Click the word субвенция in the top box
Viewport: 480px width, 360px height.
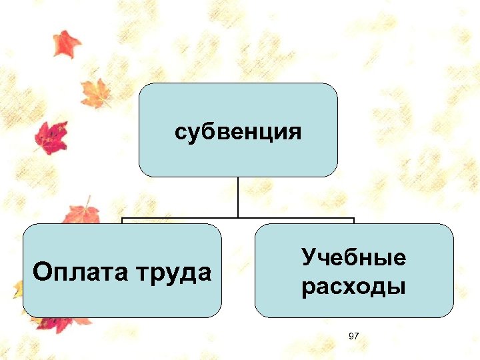(x=237, y=131)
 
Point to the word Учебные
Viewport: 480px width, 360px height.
(x=353, y=257)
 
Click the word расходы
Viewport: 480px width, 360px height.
(x=353, y=288)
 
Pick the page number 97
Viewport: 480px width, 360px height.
(x=353, y=337)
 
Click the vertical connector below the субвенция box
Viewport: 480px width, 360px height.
(x=238, y=197)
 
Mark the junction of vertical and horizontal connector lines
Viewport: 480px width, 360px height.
(x=238, y=218)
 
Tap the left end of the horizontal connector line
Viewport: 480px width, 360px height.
(x=123, y=219)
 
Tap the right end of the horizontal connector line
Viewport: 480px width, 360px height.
(x=353, y=219)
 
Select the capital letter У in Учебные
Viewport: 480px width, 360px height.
(x=308, y=257)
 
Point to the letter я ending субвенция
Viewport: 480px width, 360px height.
(x=295, y=132)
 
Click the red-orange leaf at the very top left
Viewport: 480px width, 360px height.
(x=66, y=43)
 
